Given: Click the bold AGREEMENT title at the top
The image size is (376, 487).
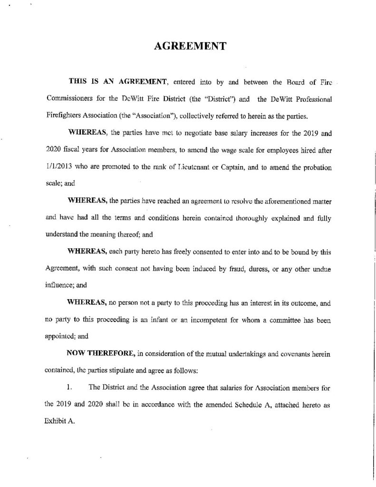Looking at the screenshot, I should pyautogui.click(x=188, y=47).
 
